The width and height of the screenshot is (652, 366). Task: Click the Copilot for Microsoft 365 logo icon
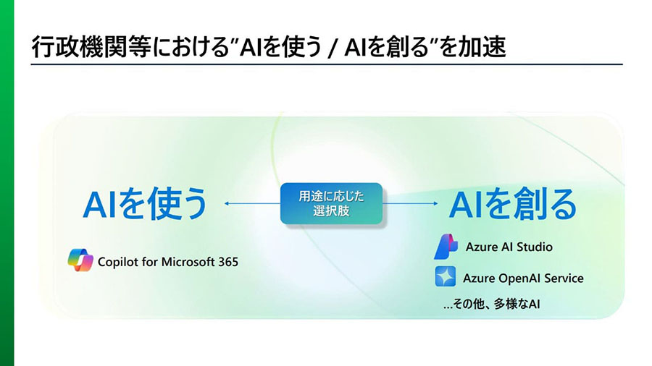80,260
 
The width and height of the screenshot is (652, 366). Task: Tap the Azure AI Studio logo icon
446,247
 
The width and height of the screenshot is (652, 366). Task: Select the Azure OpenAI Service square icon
446,277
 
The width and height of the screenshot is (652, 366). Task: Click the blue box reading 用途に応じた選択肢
331,203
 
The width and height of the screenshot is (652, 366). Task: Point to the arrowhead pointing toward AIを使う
227,203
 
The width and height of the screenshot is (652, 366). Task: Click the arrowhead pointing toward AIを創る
435,203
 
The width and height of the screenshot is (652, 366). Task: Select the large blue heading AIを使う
145,203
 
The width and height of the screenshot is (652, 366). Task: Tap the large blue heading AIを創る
513,204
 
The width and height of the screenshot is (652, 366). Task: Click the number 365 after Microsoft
228,262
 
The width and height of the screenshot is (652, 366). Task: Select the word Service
564,278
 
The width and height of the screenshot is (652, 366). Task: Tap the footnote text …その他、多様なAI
491,305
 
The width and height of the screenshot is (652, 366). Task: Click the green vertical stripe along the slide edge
7,183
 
